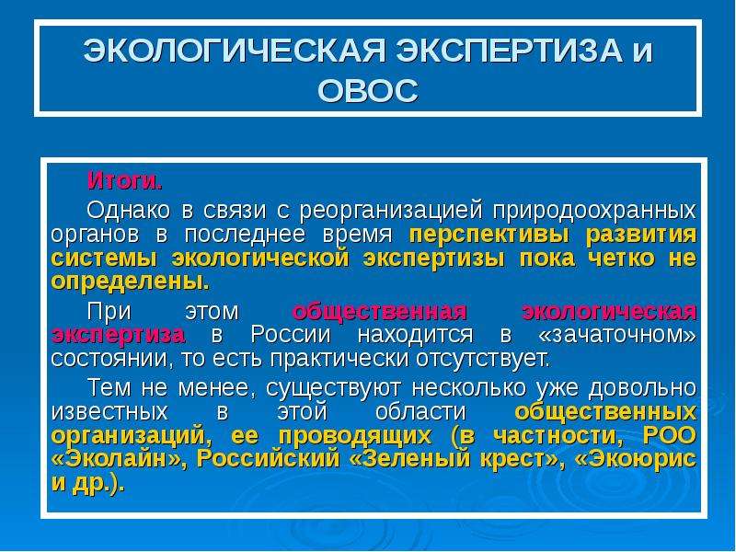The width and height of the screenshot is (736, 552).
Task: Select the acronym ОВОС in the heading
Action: pos(367,90)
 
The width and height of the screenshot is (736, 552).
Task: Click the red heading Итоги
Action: pos(125,180)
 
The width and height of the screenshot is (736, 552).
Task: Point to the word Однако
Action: pos(128,210)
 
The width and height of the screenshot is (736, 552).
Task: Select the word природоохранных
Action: pos(594,212)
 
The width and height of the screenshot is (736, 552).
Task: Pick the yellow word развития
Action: pos(641,235)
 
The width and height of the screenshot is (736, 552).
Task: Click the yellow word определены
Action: pos(130,282)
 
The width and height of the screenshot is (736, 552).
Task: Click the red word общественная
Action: pos(379,312)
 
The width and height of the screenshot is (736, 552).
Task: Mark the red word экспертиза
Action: pos(119,336)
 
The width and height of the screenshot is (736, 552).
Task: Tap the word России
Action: pos(291,334)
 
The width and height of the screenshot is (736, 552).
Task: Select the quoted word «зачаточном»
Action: pos(617,334)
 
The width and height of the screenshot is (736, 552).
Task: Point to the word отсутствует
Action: pos(482,359)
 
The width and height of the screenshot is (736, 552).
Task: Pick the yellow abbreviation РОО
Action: pos(670,435)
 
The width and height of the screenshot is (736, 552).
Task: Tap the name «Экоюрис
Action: pos(636,459)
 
